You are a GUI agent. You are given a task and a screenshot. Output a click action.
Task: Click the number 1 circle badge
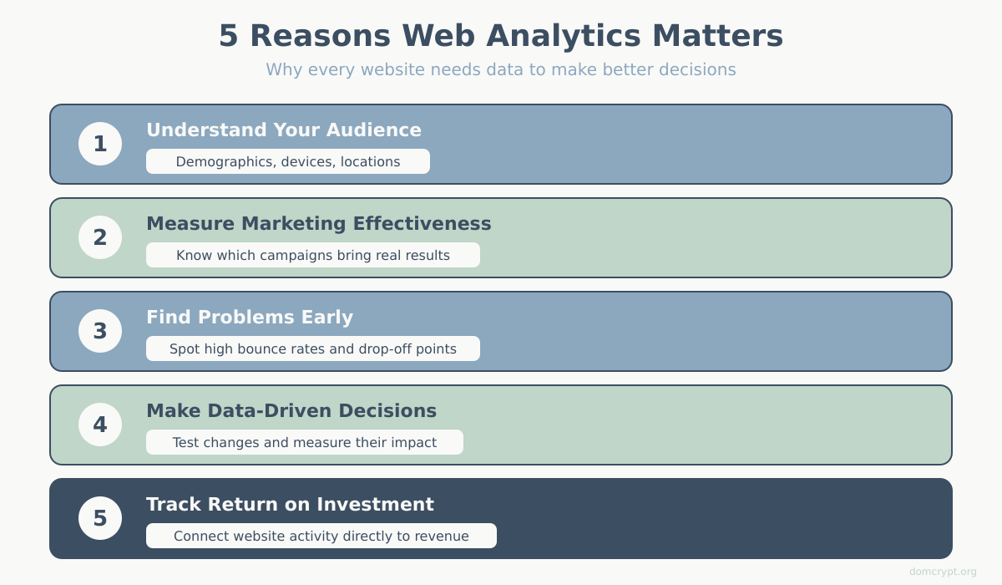[x=100, y=144]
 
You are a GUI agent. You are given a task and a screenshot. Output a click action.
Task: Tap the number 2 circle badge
[x=100, y=237]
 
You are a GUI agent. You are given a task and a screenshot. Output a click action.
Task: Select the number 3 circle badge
[x=100, y=331]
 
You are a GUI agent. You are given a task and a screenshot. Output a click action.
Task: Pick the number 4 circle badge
[x=100, y=425]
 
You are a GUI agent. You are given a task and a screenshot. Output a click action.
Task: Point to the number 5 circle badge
[x=100, y=518]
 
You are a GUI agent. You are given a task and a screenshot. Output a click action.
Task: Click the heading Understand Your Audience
[x=284, y=130]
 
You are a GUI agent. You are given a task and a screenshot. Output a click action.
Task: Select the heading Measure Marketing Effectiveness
[x=319, y=224]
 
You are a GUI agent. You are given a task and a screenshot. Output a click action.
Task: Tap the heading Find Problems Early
[x=250, y=318]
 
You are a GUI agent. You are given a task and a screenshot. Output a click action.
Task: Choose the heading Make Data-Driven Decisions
[x=291, y=411]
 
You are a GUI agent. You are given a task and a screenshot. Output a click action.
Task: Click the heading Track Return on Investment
[x=290, y=505]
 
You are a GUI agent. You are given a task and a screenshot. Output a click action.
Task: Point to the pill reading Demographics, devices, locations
[x=288, y=161]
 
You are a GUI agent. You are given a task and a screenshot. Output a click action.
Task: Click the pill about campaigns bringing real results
[x=313, y=255]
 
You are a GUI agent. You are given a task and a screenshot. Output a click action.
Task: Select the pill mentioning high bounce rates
[x=313, y=348]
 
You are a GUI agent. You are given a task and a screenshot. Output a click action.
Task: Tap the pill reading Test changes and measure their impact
[x=305, y=442]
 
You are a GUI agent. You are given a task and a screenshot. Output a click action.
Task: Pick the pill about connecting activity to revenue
[x=321, y=536]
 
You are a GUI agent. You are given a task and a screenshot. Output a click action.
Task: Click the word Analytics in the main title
[x=564, y=36]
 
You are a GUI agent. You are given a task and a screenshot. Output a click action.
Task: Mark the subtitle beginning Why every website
[x=501, y=69]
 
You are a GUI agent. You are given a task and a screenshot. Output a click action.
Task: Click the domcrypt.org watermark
[x=943, y=572]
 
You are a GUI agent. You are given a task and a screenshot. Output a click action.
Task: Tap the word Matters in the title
[x=718, y=36]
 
